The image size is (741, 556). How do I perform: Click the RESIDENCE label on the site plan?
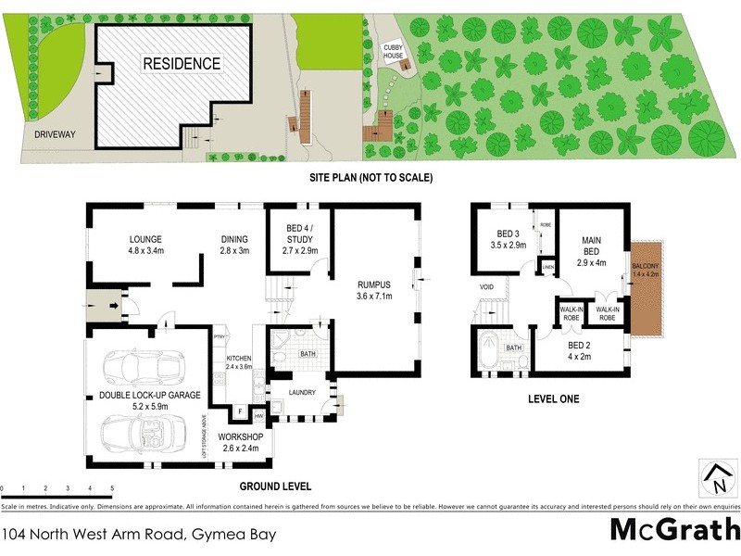[x=182, y=64]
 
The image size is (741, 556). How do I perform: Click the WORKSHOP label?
[x=241, y=436]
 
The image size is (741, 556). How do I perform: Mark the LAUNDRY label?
[x=302, y=392]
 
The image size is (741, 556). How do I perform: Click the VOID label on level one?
[x=486, y=287]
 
